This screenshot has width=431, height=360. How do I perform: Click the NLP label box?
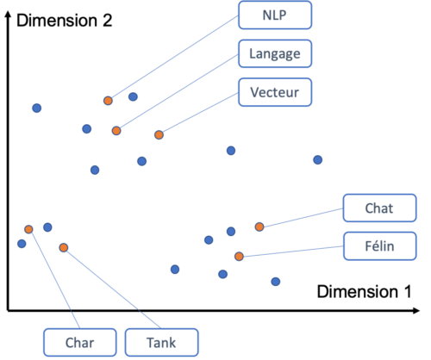coord(275,15)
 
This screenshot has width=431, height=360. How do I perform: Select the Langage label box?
coord(275,53)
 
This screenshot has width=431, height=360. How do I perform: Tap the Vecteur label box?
coord(275,92)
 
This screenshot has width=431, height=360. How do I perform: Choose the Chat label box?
coord(379,208)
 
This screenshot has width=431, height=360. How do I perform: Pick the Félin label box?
coord(379,246)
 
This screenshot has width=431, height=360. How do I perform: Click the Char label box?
coord(80,343)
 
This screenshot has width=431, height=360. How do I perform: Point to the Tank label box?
coord(161,343)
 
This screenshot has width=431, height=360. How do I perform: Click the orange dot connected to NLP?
coord(108,101)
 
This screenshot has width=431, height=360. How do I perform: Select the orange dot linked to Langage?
coord(116,131)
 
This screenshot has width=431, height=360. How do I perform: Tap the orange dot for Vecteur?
coord(159,134)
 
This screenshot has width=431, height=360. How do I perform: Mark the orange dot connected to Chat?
coord(259,227)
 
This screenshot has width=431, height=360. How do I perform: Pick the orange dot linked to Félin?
coord(239,257)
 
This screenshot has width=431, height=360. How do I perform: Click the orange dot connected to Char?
coord(28,229)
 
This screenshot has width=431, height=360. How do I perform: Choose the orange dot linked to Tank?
coord(64,247)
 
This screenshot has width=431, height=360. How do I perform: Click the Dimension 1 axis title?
coord(364,292)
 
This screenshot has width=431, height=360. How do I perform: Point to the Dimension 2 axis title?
coord(64,21)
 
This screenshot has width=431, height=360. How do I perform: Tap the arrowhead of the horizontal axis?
coord(416,311)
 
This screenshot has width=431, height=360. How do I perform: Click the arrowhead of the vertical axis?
coord(9,15)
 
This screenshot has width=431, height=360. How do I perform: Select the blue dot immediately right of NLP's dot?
coord(133,96)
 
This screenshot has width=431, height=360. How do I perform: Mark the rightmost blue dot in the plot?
coord(317,160)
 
